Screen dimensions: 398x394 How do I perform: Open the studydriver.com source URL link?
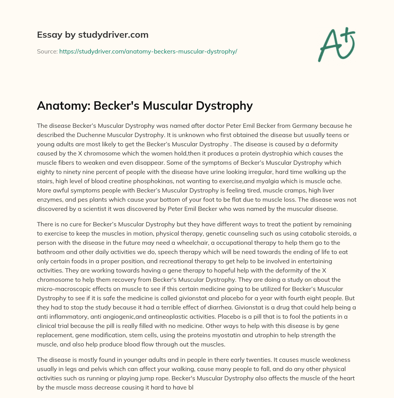point(148,51)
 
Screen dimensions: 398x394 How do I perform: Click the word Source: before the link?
point(47,51)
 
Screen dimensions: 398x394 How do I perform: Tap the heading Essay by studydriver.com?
point(92,35)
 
